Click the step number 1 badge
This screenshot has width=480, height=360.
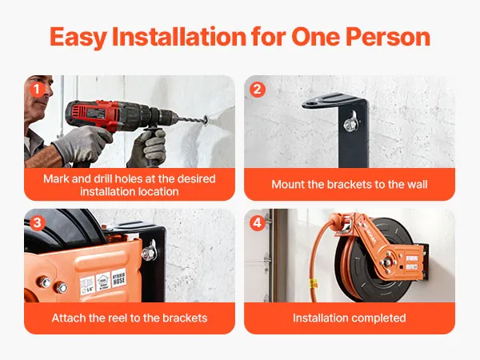[37, 90]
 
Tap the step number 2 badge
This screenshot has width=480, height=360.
[257, 90]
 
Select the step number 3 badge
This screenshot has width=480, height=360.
[37, 223]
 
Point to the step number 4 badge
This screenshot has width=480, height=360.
[257, 223]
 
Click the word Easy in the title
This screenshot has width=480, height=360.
[78, 38]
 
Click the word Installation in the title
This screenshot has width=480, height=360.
[179, 37]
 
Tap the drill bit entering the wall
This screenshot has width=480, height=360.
[192, 118]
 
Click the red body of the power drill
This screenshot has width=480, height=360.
[92, 114]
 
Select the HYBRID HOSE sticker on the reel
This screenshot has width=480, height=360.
[118, 278]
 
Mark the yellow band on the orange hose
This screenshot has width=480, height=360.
[312, 284]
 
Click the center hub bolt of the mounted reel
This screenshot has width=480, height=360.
[386, 262]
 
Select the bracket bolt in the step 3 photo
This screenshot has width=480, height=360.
[149, 253]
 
